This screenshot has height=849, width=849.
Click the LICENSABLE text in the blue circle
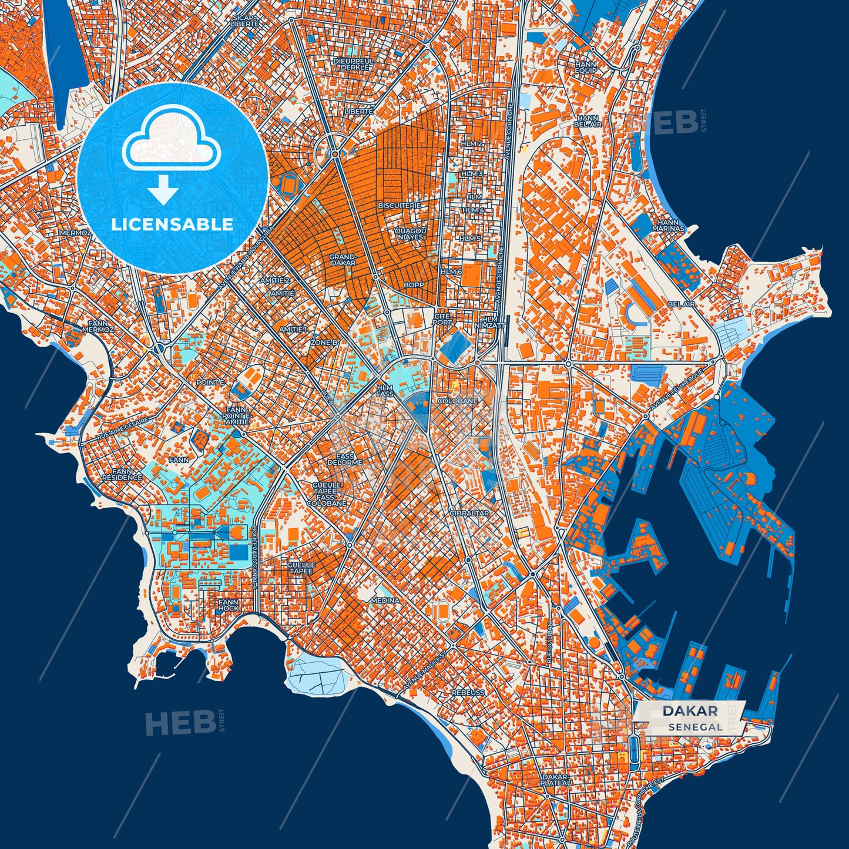(x=172, y=224)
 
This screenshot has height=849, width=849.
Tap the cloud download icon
(x=170, y=155)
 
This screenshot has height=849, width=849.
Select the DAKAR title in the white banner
(x=690, y=711)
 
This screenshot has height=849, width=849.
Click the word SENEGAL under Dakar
(x=695, y=727)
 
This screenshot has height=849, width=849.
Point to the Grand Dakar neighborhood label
(x=342, y=260)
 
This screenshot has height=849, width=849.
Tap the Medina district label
(x=385, y=600)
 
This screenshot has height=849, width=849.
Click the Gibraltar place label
(x=469, y=513)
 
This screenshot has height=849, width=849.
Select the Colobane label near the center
(x=458, y=401)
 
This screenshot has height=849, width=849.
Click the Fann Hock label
(x=228, y=605)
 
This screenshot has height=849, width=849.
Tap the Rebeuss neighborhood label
(x=468, y=693)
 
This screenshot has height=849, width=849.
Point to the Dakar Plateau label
(x=555, y=780)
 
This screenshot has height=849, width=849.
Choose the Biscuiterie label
(x=400, y=206)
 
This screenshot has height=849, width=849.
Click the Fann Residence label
(x=122, y=474)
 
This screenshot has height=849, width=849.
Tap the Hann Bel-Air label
(x=588, y=121)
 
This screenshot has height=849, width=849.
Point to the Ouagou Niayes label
(x=410, y=233)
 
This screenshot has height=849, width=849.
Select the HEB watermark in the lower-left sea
(x=180, y=723)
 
